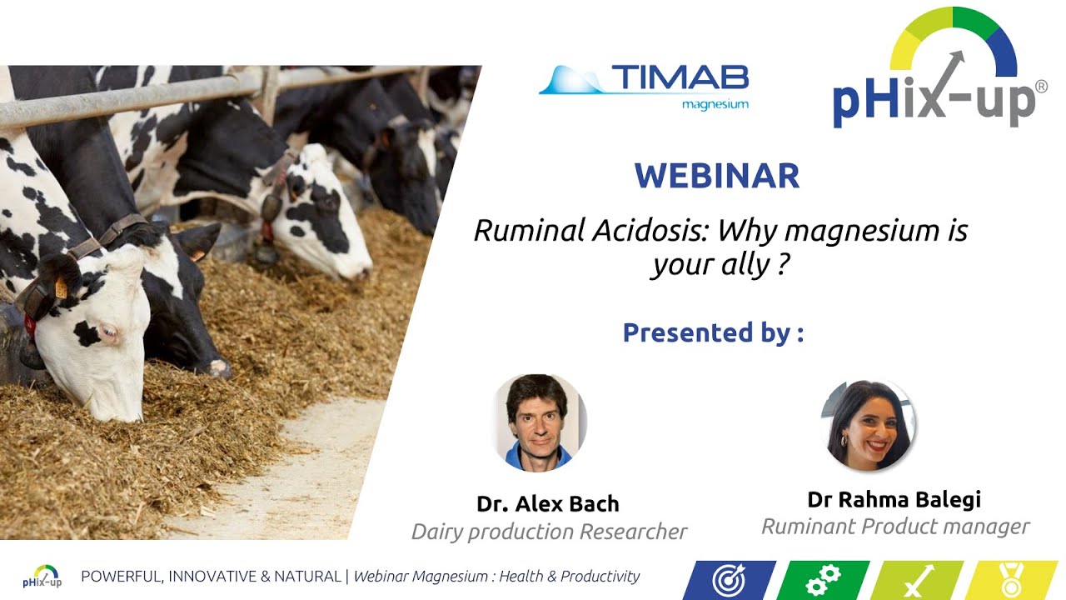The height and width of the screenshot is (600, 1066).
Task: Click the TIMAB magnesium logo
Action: point(644,87)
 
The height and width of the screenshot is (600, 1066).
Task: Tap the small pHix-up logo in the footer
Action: point(42,577)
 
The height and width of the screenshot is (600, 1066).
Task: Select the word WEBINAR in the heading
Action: point(716,177)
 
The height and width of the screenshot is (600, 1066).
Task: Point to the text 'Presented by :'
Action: point(713,332)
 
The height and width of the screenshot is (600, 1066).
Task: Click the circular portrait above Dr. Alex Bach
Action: point(540,422)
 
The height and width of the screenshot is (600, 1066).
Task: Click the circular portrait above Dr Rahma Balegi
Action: point(869,425)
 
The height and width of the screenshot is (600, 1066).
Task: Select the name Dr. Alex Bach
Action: point(547,503)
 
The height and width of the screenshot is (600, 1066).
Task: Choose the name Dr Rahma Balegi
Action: point(894,499)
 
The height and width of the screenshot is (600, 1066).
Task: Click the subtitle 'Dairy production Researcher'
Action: point(549,531)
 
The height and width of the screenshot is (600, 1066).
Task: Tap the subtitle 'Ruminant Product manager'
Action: point(895,527)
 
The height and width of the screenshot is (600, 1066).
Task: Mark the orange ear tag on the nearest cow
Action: point(61,288)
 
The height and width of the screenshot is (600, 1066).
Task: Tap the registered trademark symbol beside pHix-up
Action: point(1040,87)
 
